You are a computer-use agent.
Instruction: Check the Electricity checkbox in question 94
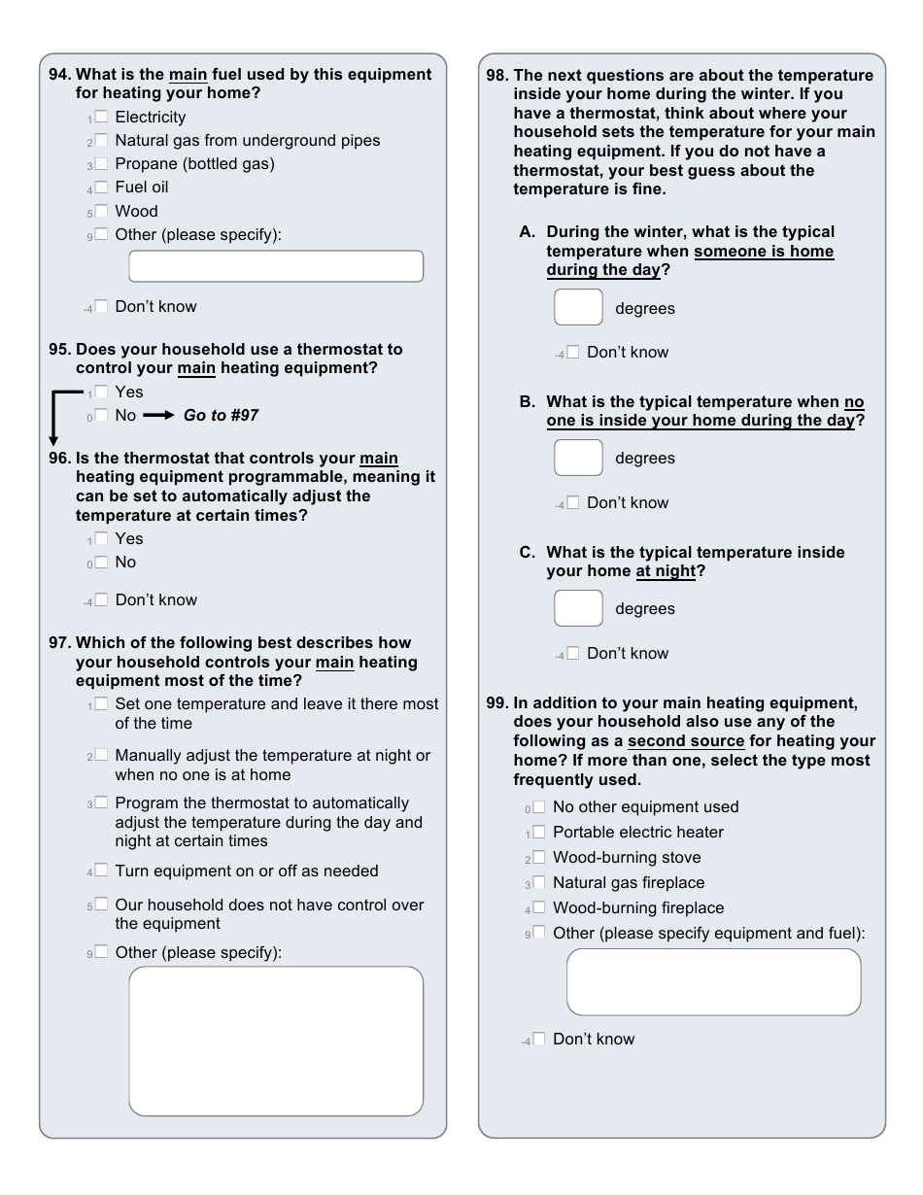coord(101,117)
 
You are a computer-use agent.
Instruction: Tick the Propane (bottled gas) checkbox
coord(101,163)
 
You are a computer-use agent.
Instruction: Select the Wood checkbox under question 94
coord(101,211)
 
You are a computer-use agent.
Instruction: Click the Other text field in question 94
coord(276,266)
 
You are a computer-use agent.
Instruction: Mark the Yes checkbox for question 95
coord(101,392)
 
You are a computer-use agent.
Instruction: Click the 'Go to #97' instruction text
coord(221,416)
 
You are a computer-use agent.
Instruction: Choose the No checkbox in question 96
coord(101,563)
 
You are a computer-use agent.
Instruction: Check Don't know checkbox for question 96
coord(101,600)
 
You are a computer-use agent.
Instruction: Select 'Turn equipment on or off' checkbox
coord(101,871)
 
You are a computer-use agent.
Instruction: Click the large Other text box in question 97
coord(276,1041)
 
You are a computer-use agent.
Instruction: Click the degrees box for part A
coord(578,307)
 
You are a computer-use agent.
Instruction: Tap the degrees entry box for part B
coord(578,458)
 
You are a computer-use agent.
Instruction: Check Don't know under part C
coord(573,653)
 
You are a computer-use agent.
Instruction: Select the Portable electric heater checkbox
coord(539,832)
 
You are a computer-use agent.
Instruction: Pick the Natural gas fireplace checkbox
coord(539,882)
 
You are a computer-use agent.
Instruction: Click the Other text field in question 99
coord(713,982)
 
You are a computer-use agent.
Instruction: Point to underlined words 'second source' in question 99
coord(686,741)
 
